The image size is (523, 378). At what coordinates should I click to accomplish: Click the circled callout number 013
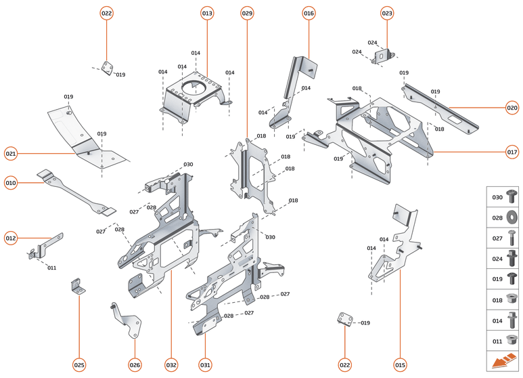(x=207, y=14)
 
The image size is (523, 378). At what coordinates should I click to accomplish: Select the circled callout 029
(x=247, y=14)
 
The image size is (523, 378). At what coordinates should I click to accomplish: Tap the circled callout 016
(x=309, y=14)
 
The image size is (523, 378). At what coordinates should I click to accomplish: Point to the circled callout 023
(x=387, y=14)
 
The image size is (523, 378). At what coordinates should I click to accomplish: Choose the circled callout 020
(x=512, y=107)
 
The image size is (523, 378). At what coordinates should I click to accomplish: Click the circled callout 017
(x=512, y=152)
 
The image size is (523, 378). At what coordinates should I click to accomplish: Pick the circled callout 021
(x=11, y=154)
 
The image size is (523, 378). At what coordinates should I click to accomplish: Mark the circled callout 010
(x=11, y=182)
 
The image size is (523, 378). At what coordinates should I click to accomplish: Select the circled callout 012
(x=11, y=238)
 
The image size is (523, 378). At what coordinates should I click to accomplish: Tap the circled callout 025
(x=79, y=365)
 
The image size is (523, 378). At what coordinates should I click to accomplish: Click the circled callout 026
(x=135, y=365)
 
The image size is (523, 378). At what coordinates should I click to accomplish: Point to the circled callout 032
(x=171, y=365)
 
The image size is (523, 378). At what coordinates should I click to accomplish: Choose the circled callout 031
(x=205, y=365)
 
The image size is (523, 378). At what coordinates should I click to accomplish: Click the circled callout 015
(x=400, y=365)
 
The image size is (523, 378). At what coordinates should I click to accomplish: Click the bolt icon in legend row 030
(x=511, y=197)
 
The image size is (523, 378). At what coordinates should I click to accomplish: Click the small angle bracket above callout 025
(x=78, y=287)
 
